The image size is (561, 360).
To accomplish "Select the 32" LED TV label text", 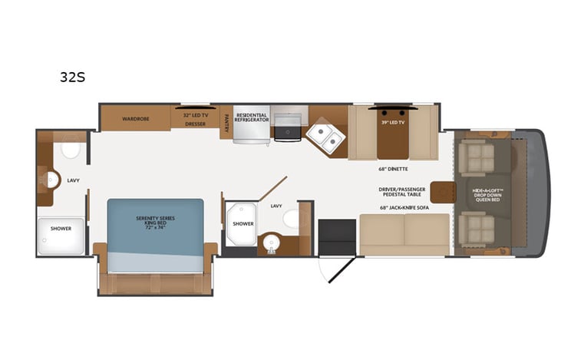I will (195, 114).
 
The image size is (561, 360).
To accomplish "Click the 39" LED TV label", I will (392, 123).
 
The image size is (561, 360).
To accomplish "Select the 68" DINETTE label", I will (392, 169).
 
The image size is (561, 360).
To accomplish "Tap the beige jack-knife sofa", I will (404, 234).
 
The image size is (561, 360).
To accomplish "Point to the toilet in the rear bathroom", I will (71, 150).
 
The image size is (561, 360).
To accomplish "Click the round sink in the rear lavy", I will (51, 180).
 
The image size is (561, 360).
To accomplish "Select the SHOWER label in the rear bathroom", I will (61, 228).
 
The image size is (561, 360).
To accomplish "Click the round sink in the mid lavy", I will (271, 243).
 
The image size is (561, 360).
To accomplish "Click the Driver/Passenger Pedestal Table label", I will (402, 192).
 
